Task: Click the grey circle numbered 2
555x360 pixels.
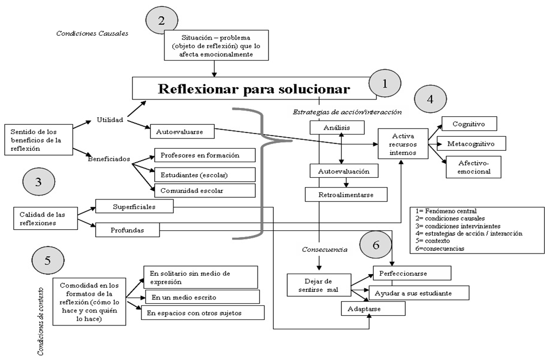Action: coord(161,21)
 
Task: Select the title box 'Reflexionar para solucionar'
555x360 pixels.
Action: coord(254,89)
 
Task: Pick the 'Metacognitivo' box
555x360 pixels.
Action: coord(475,144)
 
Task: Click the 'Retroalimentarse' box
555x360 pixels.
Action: coord(346,194)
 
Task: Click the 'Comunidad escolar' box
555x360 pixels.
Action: coord(204,190)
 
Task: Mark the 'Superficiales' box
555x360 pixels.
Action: coord(134,206)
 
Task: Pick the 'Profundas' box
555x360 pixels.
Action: coord(128,230)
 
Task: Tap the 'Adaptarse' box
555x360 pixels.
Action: coord(373,309)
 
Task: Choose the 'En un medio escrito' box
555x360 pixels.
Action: coord(202,296)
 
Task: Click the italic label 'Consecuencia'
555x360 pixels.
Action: coord(324,250)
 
